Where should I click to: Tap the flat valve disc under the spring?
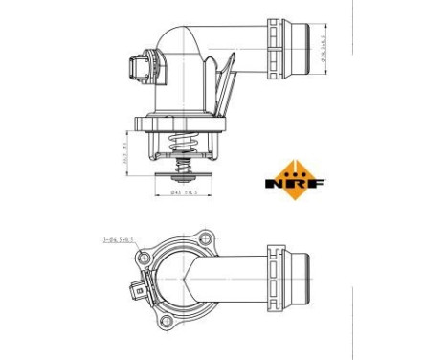pos(183,179)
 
